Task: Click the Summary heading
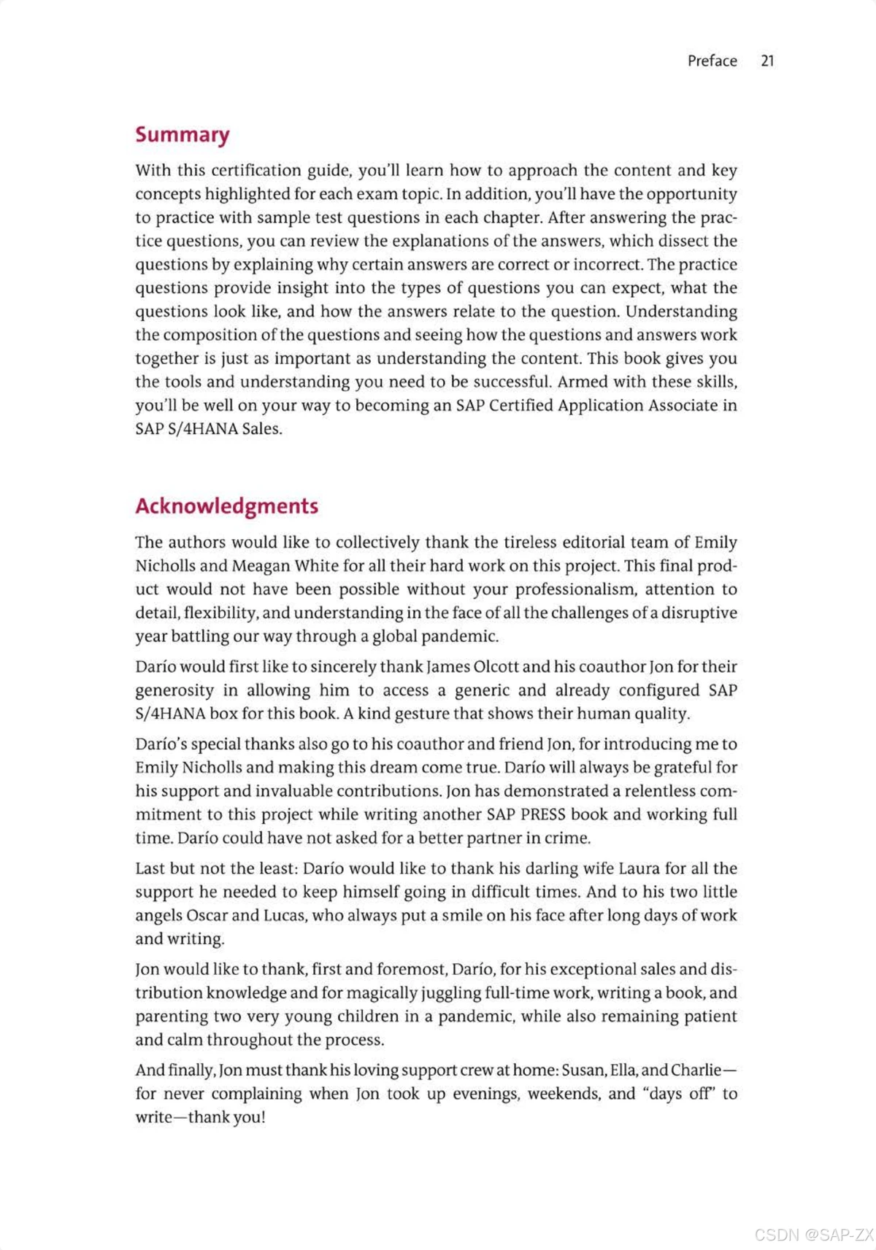[x=182, y=135]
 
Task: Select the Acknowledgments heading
[x=226, y=506]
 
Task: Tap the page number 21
[x=766, y=61]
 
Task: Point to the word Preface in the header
[x=712, y=61]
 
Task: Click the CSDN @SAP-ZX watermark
[x=813, y=1234]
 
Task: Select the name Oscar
[x=207, y=915]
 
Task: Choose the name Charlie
[x=694, y=1070]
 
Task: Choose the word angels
[x=158, y=916]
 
